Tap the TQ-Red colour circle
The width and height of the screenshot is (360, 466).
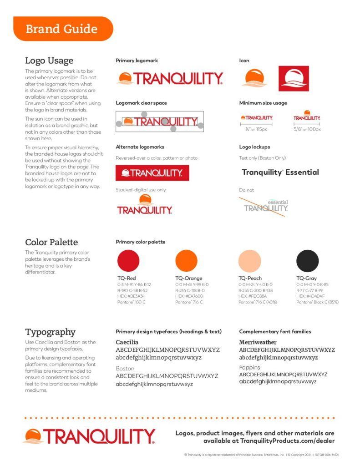(128, 261)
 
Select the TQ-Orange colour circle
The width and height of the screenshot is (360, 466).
(186, 261)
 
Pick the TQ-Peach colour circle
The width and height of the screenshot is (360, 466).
(249, 261)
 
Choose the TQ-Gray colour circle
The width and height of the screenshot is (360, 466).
(308, 261)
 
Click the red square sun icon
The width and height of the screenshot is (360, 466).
(294, 78)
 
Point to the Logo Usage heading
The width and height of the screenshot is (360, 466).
(49, 61)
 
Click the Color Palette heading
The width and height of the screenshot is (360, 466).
(51, 242)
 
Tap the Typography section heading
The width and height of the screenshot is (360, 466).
(50, 332)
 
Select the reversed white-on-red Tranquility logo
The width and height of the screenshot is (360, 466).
(152, 173)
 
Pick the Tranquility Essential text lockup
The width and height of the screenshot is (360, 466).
(280, 172)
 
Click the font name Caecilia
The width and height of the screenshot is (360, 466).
(127, 342)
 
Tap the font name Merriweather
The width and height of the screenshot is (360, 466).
(258, 342)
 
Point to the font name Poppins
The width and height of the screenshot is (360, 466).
(250, 367)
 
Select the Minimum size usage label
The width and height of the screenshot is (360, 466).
(263, 103)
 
